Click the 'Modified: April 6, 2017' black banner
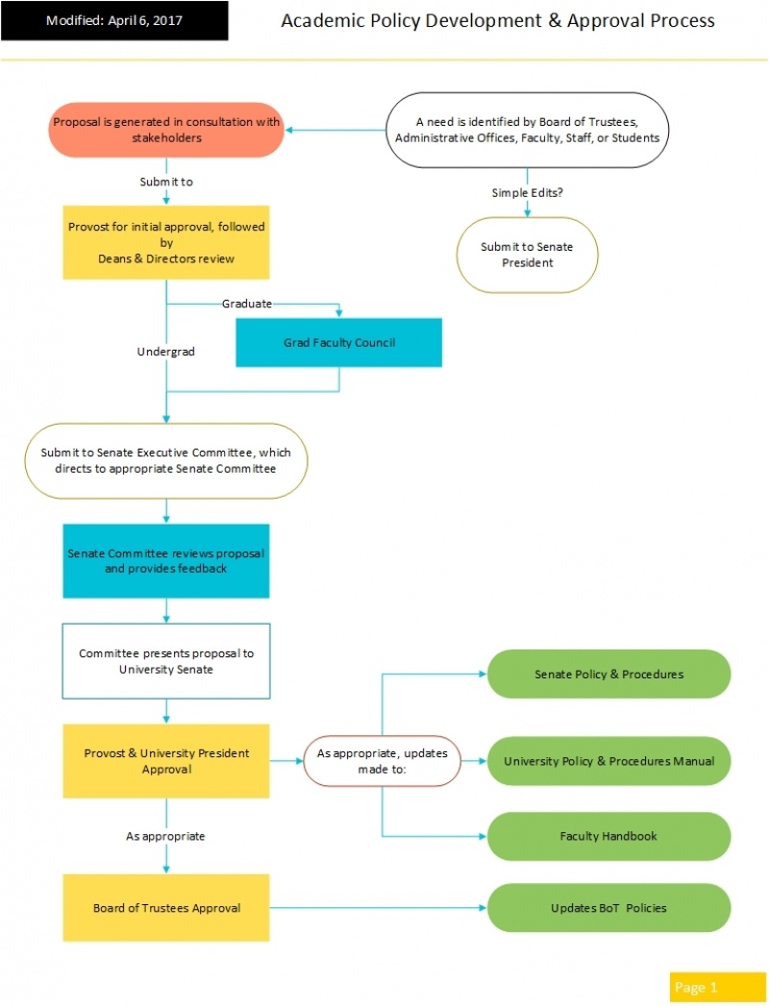(114, 20)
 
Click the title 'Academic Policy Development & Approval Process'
(497, 20)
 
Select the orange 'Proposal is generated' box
(166, 130)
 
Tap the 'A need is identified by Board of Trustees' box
(527, 130)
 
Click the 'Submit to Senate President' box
(527, 255)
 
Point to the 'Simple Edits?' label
(527, 193)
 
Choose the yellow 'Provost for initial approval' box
(166, 242)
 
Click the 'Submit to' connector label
(166, 181)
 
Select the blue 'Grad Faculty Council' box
(338, 343)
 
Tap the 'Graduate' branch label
(247, 304)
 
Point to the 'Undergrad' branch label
(166, 352)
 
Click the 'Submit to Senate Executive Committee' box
(166, 461)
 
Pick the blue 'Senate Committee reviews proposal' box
(166, 561)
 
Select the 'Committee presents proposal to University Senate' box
(166, 661)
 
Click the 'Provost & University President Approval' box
(166, 761)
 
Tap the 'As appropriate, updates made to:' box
(383, 761)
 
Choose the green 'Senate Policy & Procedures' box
(608, 674)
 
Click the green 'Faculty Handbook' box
(608, 836)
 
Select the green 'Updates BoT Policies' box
(608, 908)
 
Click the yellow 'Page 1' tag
(704, 987)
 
